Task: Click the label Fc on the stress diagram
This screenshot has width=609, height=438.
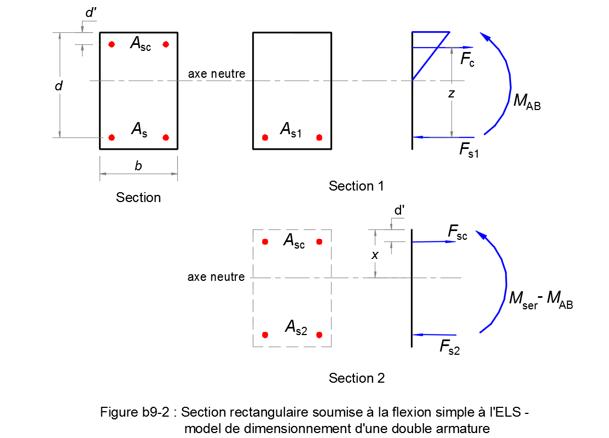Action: pos(467,60)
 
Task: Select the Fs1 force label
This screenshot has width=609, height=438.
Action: pos(469,151)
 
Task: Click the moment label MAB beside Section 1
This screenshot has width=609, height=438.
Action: pos(526,102)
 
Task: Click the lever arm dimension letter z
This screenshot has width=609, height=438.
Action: pos(451,94)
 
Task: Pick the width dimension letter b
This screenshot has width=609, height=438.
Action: pos(138,166)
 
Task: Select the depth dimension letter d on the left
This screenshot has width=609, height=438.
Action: pos(59,86)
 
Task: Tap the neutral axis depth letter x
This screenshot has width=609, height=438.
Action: pos(375,255)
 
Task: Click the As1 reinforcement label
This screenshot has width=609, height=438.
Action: pos(291,130)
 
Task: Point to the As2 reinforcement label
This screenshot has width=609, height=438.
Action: pos(296,327)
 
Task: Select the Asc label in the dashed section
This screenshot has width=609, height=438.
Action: pos(294,241)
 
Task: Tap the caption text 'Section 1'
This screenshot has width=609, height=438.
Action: pos(356,186)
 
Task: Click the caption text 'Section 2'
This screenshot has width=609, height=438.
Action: pos(356,378)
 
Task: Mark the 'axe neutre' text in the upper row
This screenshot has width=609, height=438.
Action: pos(217,74)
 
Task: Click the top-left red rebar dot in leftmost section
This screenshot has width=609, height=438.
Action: pos(112,44)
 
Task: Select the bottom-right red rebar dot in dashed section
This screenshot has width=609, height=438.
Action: pos(320,335)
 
